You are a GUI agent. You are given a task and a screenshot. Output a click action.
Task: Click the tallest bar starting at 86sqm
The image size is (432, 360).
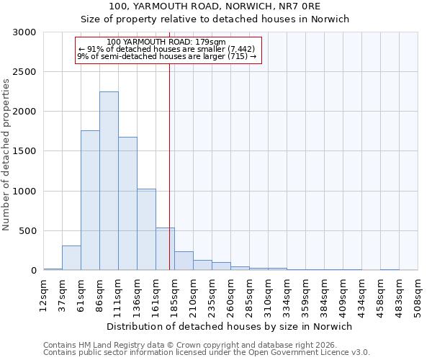click(x=109, y=181)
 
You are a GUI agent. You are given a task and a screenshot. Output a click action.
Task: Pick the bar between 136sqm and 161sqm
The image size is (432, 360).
click(x=146, y=230)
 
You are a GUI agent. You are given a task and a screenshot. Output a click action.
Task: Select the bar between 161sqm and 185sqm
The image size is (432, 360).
click(x=165, y=249)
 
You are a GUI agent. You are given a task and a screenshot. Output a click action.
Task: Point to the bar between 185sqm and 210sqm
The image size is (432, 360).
click(x=184, y=261)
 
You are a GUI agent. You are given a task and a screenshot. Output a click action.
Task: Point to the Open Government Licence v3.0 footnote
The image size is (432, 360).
click(x=207, y=353)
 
